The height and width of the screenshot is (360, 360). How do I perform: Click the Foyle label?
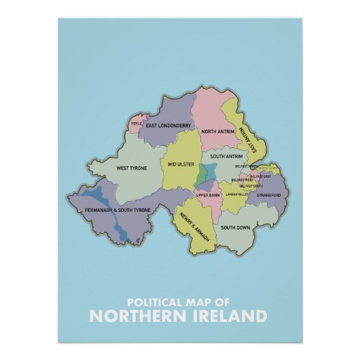137,124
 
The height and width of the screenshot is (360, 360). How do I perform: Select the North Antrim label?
217,131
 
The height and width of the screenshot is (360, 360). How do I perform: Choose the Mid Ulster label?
181,164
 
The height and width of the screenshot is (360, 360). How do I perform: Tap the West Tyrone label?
132,168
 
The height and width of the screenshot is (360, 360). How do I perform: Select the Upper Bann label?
208,196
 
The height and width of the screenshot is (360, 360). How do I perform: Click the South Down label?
235,227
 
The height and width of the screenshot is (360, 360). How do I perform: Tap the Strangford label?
268,195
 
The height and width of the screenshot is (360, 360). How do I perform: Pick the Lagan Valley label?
240,194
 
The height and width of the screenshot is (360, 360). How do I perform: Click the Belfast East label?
260,177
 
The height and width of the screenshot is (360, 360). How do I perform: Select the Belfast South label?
252,185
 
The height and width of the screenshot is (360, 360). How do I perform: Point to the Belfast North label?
247,166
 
